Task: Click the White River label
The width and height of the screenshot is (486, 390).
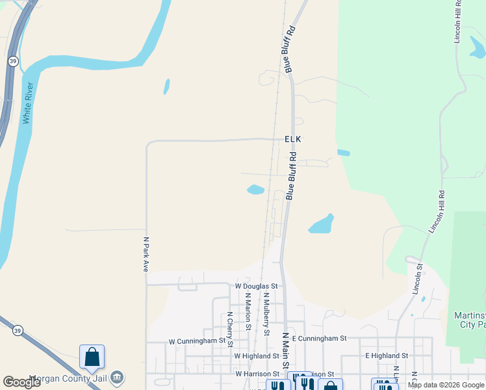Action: pos(27,103)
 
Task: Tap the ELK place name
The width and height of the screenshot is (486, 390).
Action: pos(294,139)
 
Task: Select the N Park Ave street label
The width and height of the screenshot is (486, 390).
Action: pos(146,253)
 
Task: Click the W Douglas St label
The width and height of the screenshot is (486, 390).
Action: pos(256,286)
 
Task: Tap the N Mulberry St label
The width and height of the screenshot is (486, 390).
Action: pos(266,314)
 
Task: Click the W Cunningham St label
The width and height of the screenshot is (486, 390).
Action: pos(196,341)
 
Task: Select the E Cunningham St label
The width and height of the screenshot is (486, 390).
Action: pos(320,339)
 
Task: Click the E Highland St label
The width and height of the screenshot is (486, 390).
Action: pos(386,356)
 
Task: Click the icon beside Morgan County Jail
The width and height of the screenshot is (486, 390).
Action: pos(117,376)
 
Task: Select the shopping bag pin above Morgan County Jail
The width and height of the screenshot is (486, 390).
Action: pos(92,357)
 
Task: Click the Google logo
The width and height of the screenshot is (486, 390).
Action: pos(22,382)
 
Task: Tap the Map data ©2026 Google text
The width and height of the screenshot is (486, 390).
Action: pos(446,385)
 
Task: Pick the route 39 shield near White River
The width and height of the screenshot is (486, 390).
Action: pos(12,60)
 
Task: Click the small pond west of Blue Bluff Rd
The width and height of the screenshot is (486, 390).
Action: pos(255,190)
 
